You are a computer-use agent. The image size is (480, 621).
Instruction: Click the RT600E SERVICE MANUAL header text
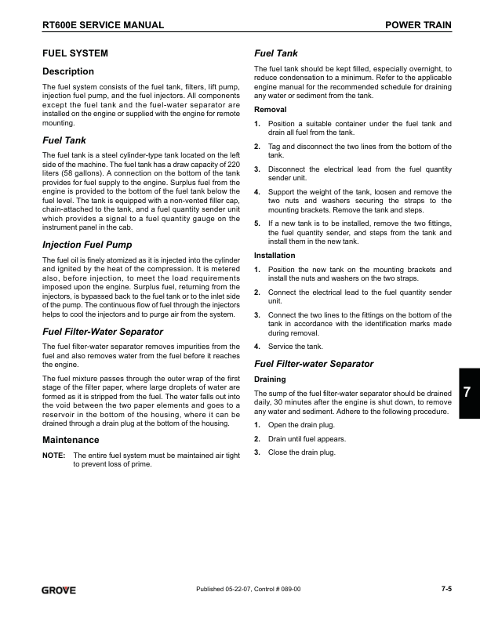pos(103,26)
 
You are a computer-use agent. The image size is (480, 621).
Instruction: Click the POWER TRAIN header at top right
pos(419,26)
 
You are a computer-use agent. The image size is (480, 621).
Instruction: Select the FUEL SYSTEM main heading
pos(75,54)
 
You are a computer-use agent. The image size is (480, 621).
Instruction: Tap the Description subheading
pos(67,72)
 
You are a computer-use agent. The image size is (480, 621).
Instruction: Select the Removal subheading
pos(271,110)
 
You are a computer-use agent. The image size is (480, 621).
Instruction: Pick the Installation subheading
pos(275,256)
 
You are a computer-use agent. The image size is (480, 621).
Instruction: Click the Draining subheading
pos(271,379)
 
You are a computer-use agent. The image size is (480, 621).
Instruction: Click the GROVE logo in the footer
pos(60,590)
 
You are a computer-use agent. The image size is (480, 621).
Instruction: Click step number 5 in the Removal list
pos(257,223)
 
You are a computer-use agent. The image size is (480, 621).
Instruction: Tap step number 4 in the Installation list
pos(257,347)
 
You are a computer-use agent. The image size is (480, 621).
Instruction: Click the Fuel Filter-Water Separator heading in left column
pos(103,330)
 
